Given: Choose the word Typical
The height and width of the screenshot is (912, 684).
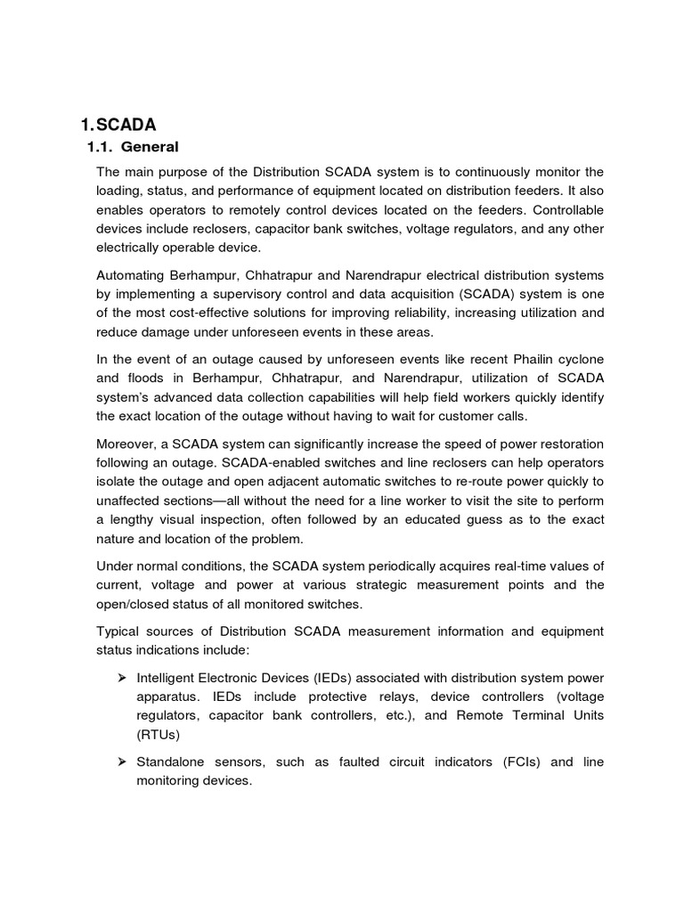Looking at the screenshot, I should (121, 631).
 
